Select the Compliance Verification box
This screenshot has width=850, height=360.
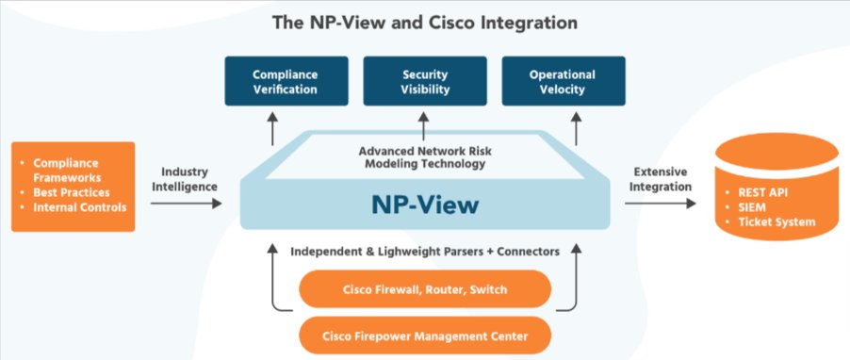(284, 81)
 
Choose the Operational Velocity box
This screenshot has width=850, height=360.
(563, 81)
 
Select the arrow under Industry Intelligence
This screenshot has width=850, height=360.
(185, 203)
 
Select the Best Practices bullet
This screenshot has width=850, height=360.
(72, 191)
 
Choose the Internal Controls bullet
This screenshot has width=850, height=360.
(79, 206)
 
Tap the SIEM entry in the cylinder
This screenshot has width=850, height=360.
(755, 207)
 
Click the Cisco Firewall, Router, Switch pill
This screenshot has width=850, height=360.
(424, 289)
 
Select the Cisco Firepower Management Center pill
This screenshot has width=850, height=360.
(424, 335)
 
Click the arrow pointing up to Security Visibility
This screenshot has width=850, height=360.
(423, 124)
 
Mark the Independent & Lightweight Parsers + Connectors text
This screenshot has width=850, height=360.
(423, 252)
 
